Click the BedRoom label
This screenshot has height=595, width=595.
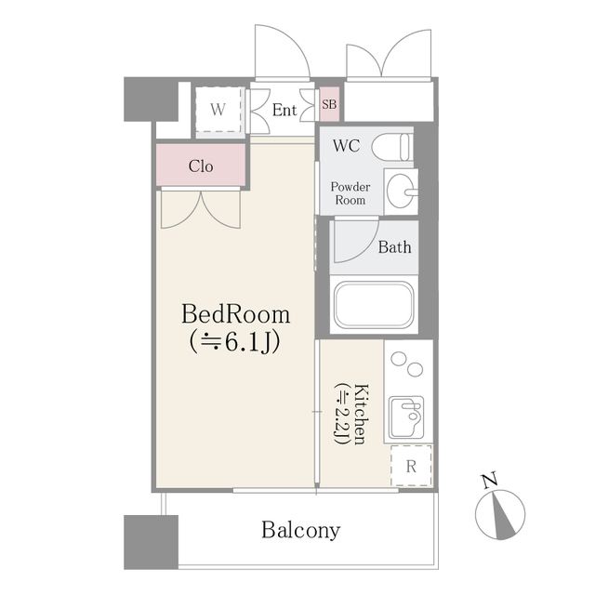tap(235, 313)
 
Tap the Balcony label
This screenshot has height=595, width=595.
tap(299, 531)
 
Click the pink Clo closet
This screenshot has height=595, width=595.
tap(201, 166)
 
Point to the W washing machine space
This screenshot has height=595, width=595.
tap(218, 110)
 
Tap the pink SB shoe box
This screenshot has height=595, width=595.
tap(329, 104)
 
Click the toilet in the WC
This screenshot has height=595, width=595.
tap(396, 147)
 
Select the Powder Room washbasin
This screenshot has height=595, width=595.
tap(401, 191)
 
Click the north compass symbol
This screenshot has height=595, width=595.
tap(501, 514)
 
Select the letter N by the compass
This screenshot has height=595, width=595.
tap(488, 481)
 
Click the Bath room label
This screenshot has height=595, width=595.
tap(394, 247)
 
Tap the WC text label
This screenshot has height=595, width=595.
tap(347, 146)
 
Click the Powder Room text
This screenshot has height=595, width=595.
tap(350, 193)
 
